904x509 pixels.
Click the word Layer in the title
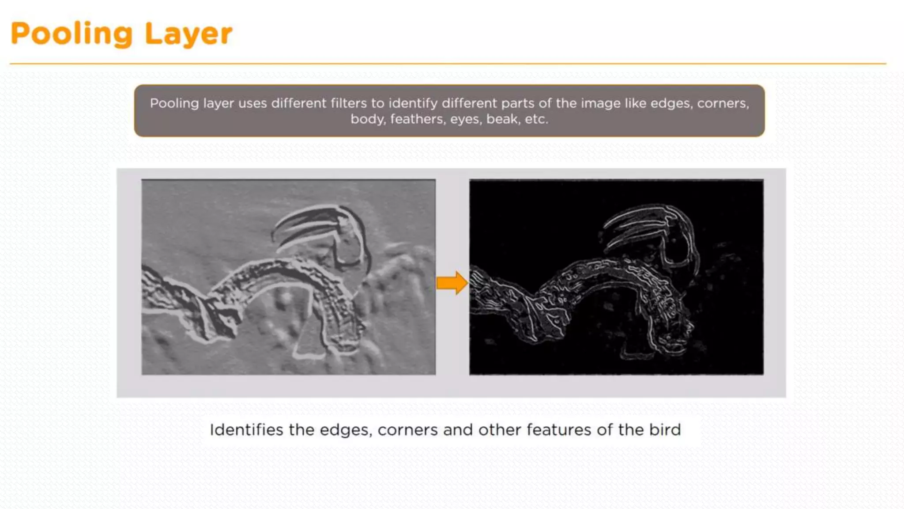pos(188,34)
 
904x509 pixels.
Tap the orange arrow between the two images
pos(452,283)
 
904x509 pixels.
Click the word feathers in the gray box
pos(417,119)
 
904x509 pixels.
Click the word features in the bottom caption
pos(558,430)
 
